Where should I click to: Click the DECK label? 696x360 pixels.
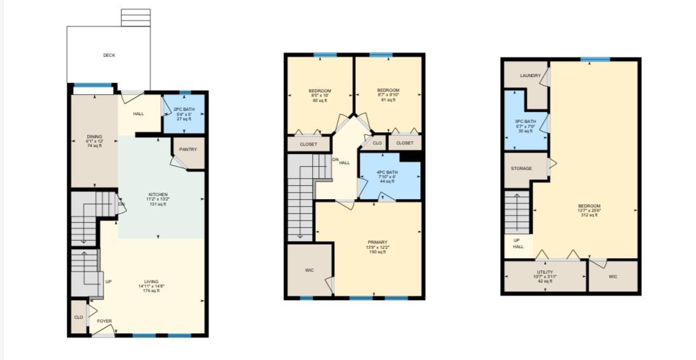[x=109, y=55]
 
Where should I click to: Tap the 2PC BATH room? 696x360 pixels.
[x=184, y=114]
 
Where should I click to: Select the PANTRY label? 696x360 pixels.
[x=188, y=149]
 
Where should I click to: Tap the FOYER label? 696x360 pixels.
[x=104, y=321]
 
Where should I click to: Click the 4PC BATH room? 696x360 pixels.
[x=387, y=177]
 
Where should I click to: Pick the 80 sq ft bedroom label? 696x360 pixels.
[x=319, y=95]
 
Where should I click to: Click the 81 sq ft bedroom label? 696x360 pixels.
[x=388, y=95]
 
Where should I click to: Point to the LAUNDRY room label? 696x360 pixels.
[x=530, y=76]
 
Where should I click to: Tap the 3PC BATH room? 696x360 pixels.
[x=526, y=125]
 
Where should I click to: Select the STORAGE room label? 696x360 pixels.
[x=522, y=169]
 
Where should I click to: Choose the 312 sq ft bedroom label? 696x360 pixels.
[x=589, y=210]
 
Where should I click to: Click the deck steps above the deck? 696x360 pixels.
[x=135, y=18]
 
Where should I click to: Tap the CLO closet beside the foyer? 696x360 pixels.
[x=79, y=317]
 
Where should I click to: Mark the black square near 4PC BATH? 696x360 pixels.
[x=411, y=156]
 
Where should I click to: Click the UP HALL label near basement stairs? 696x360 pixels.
[x=518, y=243]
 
